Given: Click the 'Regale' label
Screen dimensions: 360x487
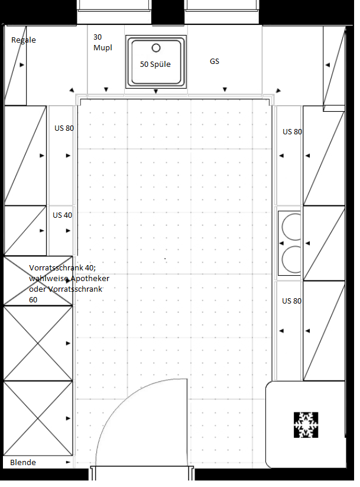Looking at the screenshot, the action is tap(24, 40).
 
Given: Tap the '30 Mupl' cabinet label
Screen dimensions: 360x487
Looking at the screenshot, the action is tap(102, 42).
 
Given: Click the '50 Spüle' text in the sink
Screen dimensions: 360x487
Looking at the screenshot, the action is tap(155, 64).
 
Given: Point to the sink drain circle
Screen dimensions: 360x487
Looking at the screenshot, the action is tap(156, 48).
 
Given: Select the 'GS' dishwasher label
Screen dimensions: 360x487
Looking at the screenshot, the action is tap(215, 61).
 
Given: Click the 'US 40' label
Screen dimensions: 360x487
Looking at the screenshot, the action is tap(63, 215).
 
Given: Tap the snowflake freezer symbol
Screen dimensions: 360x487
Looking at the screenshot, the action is tap(306, 425).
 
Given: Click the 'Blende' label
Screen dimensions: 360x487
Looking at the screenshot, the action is tap(23, 463).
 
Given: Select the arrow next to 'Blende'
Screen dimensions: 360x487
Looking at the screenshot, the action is tap(69, 463).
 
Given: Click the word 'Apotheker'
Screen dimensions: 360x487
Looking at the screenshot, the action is tap(90, 279).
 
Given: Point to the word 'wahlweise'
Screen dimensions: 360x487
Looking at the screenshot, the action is tap(48, 278).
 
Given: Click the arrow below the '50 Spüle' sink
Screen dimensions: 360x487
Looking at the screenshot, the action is tap(156, 91).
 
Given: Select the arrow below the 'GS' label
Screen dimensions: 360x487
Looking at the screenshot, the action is tap(225, 89).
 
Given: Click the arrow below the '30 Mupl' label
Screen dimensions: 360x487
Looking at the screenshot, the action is tap(106, 89).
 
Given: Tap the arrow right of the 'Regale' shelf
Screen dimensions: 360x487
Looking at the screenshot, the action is tap(22, 65).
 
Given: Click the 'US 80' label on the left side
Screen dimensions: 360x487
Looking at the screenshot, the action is tap(64, 128).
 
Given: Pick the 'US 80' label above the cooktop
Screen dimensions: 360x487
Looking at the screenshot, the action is tap(292, 132).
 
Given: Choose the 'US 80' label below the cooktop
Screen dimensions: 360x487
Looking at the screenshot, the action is tap(291, 301).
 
